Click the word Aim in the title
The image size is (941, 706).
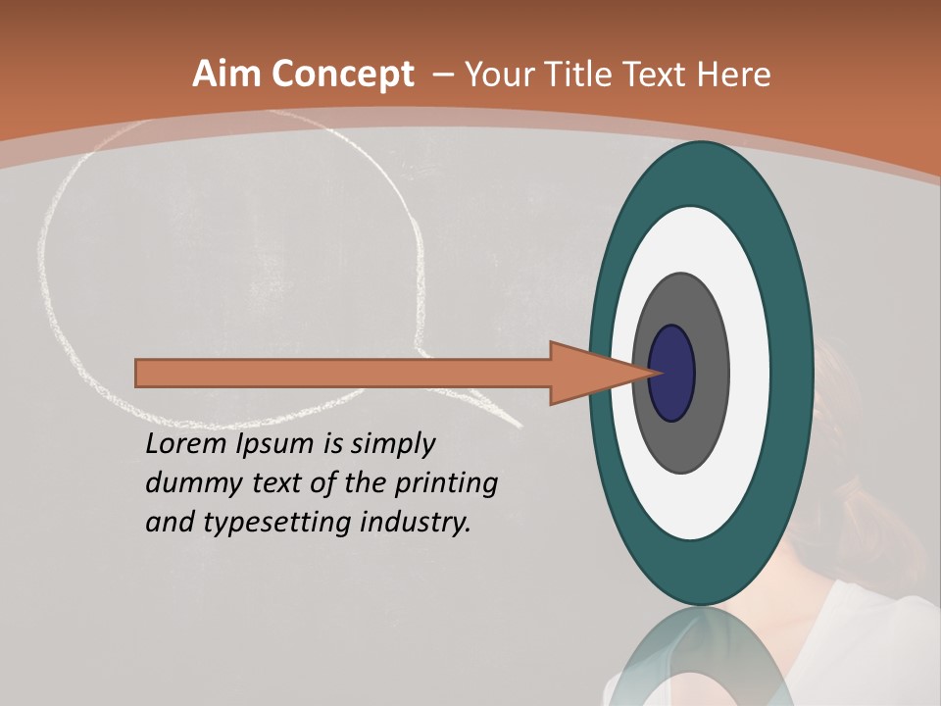tap(226, 75)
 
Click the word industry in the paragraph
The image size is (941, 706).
tap(416, 523)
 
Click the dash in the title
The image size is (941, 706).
tap(442, 76)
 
